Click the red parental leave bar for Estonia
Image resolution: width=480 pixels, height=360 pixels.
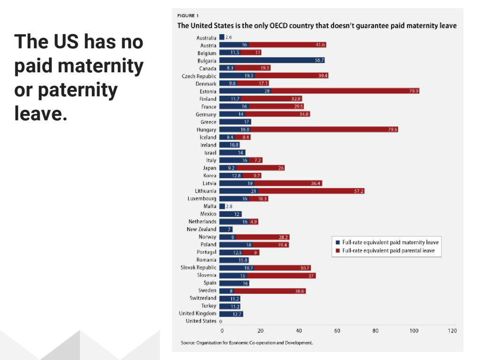click(x=345, y=91)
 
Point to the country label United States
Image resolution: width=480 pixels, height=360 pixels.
click(x=201, y=321)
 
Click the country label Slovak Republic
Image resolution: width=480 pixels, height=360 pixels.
click(x=198, y=268)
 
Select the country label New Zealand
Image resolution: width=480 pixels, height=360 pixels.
click(x=202, y=229)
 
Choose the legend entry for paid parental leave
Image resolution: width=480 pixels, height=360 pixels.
click(x=388, y=251)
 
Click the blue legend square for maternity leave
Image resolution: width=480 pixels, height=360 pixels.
click(x=337, y=242)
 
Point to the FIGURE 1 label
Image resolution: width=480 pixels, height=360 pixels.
click(x=187, y=15)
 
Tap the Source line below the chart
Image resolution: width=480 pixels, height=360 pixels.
click(x=247, y=343)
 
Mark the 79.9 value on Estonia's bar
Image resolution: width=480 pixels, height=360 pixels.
click(x=413, y=91)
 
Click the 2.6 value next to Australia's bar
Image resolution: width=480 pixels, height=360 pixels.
click(x=229, y=37)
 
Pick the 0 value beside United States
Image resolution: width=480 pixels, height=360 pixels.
click(x=220, y=322)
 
